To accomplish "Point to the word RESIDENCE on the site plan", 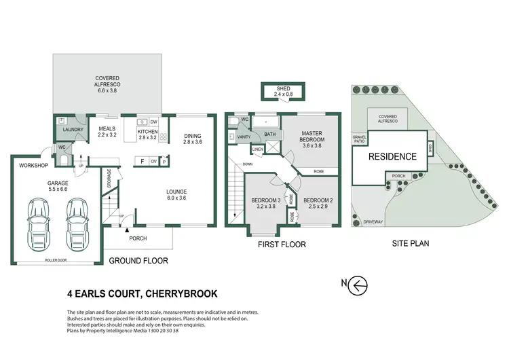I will click(392, 156).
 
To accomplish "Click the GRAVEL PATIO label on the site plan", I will click(359, 139).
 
